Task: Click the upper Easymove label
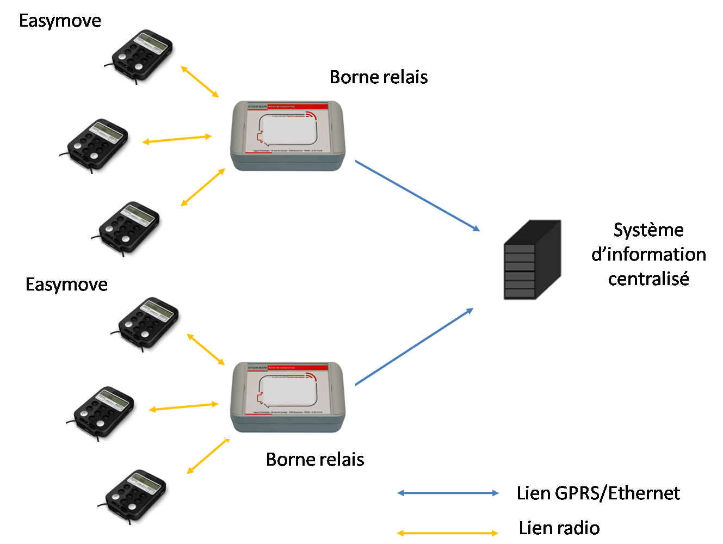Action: tap(60, 21)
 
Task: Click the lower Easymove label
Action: tap(66, 285)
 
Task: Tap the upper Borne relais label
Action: tap(379, 77)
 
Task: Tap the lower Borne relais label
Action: tap(315, 460)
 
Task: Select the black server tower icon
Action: tap(533, 260)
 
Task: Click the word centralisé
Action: tap(648, 279)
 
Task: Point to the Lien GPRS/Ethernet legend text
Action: tap(598, 493)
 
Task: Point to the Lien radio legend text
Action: tap(559, 528)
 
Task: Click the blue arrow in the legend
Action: tap(448, 493)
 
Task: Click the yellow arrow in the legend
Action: tap(448, 533)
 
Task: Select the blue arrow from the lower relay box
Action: tap(415, 347)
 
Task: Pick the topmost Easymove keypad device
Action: tap(140, 53)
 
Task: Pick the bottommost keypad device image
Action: tap(133, 493)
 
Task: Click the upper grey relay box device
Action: tap(289, 138)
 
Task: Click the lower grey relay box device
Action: tap(289, 399)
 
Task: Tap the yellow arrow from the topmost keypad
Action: tap(199, 82)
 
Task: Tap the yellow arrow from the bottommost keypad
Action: tap(208, 456)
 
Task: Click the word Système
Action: tap(648, 230)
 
